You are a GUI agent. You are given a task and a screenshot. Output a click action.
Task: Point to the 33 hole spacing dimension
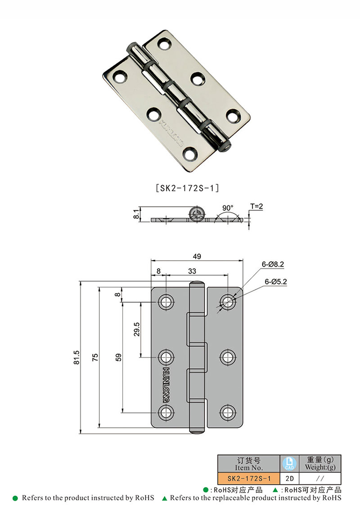coord(192,271)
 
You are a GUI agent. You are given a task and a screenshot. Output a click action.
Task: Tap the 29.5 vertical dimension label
coord(136,329)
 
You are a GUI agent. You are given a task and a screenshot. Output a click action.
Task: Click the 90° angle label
coord(228,208)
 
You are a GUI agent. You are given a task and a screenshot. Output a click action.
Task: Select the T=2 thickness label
coord(257,206)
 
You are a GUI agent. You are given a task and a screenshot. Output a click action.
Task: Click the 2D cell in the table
coord(289,479)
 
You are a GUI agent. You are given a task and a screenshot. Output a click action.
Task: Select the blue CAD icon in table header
coord(289,463)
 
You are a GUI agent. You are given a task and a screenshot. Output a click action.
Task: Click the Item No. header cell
coord(249,464)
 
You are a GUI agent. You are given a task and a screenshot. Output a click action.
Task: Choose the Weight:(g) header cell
coord(320,464)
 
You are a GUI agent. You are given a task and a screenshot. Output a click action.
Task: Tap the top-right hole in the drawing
coord(228,301)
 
